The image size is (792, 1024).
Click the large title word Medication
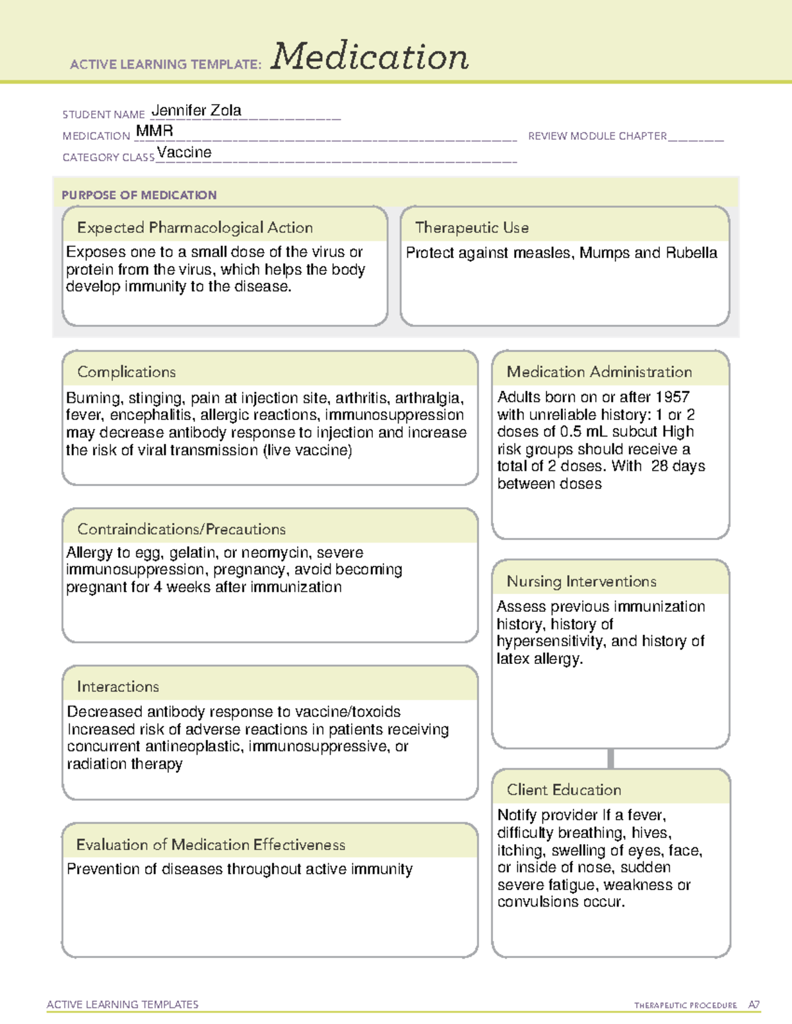pos(370,57)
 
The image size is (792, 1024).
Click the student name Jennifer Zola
pos(196,111)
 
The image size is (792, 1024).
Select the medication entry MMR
pos(154,131)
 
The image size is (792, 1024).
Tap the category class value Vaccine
pos(184,152)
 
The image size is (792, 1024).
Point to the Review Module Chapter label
pos(597,136)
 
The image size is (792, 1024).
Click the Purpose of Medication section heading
pos(139,195)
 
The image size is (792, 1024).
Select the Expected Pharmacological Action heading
pos(195,227)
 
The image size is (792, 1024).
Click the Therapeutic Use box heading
pos(472,227)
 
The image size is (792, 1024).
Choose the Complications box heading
pos(126,372)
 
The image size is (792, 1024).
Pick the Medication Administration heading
pos(599,372)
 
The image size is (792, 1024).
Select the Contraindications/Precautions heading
pos(181,529)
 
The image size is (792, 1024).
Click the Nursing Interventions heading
pos(581,581)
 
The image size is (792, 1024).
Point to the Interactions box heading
pos(117,686)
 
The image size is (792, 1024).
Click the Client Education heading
pos(564,789)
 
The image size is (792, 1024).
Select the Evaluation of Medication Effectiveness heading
pos(211,845)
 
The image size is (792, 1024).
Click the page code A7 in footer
pos(754,1005)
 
